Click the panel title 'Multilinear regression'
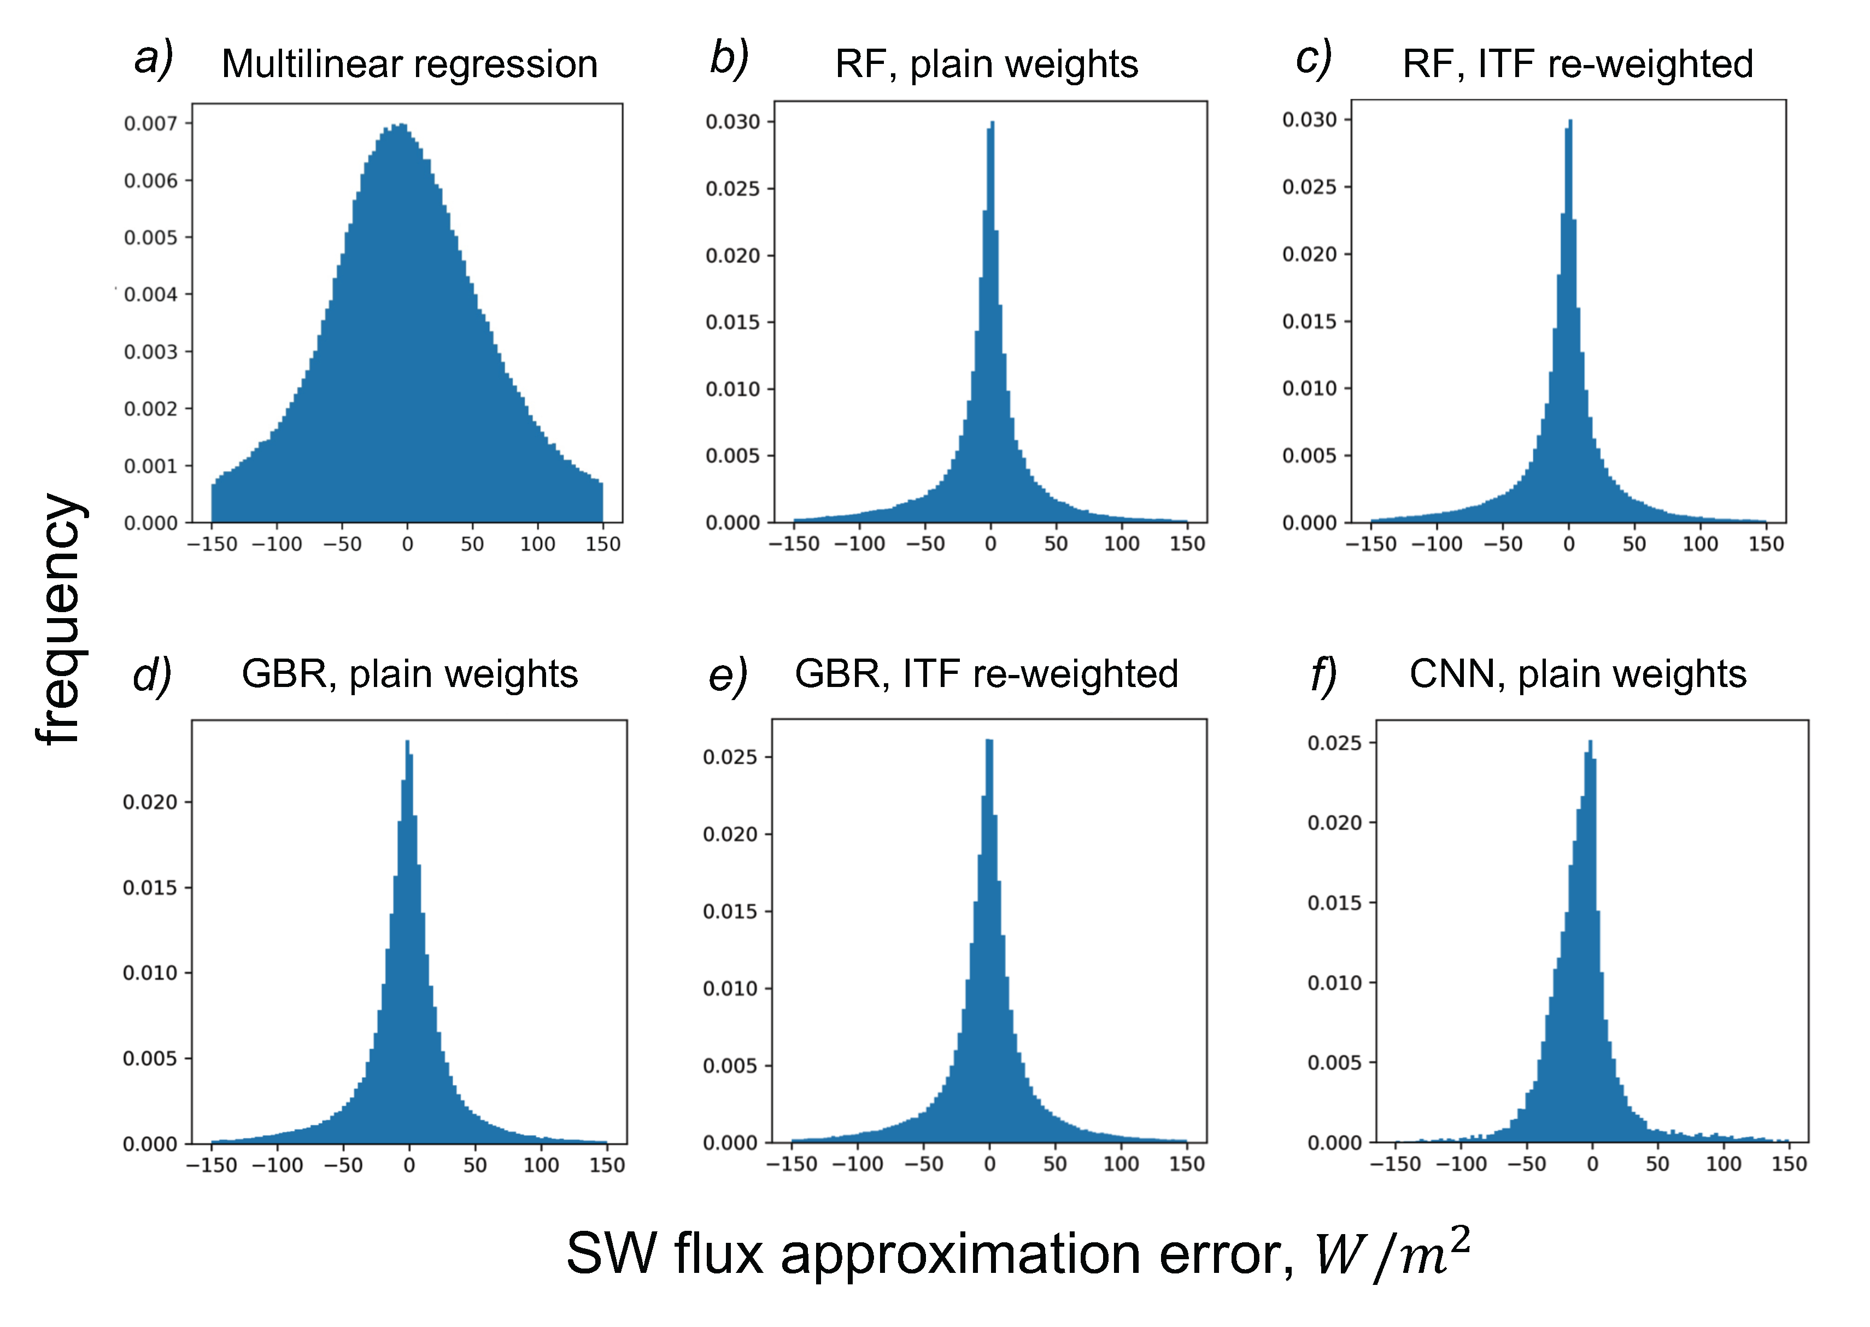(x=409, y=64)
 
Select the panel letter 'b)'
(x=728, y=59)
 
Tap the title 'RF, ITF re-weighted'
(x=1578, y=64)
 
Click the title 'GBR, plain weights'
(x=409, y=674)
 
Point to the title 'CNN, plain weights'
(x=1578, y=674)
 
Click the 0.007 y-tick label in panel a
(x=150, y=124)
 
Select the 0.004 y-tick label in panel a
(x=150, y=294)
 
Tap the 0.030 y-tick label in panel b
(x=732, y=122)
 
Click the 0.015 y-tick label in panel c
(x=1309, y=321)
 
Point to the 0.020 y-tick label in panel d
(x=150, y=802)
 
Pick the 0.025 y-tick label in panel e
(x=730, y=756)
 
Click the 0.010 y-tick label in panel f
(x=1335, y=982)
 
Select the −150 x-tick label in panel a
(x=212, y=544)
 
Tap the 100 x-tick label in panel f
(x=1723, y=1164)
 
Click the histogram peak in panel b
(x=992, y=124)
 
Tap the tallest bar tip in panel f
(x=1590, y=742)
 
